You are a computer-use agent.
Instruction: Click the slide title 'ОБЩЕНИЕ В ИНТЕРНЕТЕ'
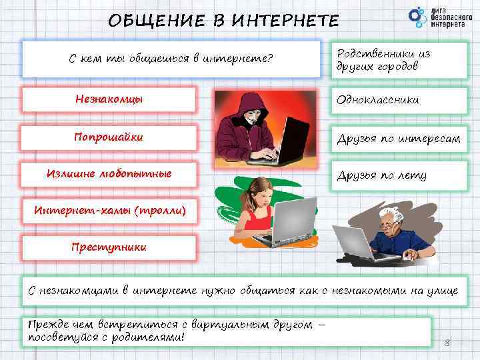pyautogui.click(x=223, y=20)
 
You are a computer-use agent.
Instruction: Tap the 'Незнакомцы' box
pyautogui.click(x=109, y=100)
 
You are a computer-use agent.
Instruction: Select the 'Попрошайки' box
pyautogui.click(x=109, y=137)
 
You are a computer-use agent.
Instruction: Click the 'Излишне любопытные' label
pyautogui.click(x=109, y=174)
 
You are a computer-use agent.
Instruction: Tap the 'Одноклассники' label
pyautogui.click(x=397, y=100)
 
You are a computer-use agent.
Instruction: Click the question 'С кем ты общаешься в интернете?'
pyautogui.click(x=171, y=59)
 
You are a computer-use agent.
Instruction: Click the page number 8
pyautogui.click(x=447, y=343)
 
